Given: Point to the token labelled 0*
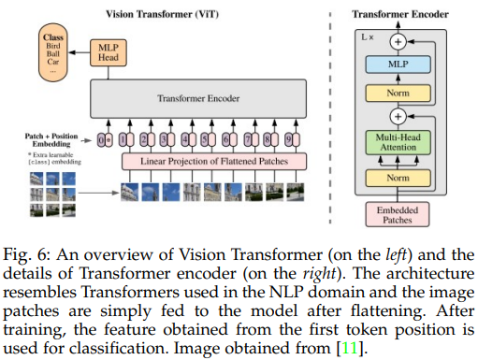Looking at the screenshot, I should [106, 141].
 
